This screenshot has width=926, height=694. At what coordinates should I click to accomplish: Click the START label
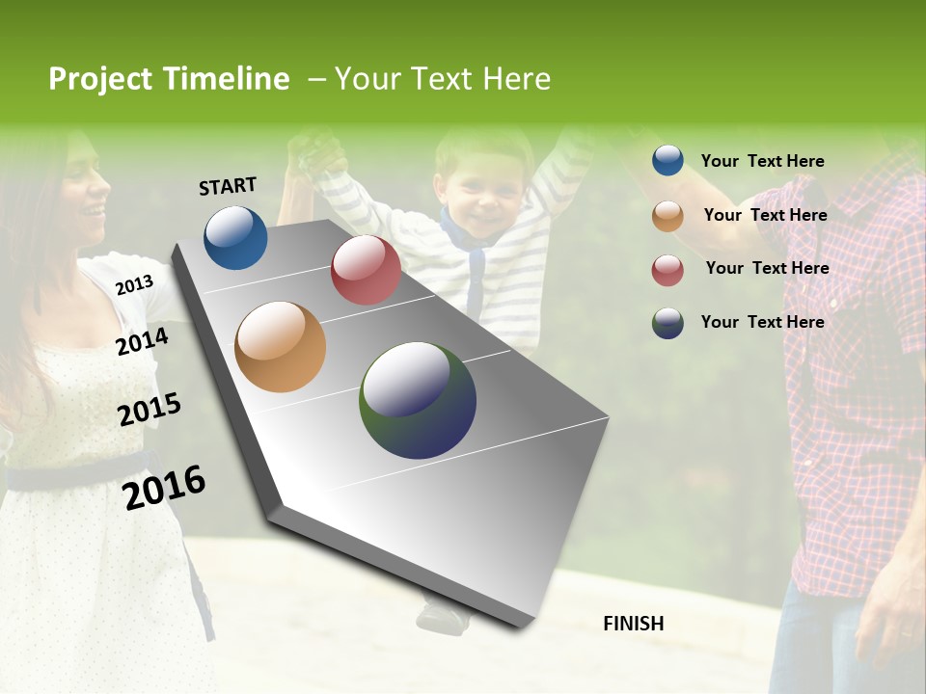pos(228,186)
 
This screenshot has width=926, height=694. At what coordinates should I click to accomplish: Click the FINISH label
pos(633,624)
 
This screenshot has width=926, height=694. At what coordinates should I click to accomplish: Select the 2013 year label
pos(134,285)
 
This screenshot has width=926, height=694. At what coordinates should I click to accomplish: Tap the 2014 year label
pos(142,341)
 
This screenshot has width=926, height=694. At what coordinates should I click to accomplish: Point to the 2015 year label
pos(149,410)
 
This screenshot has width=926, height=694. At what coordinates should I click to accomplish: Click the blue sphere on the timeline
pos(235,237)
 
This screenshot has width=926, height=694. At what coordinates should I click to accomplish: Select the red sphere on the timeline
pos(366,270)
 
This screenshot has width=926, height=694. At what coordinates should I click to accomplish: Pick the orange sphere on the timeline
pos(280,347)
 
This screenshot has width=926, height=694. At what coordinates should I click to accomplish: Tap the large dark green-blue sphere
pos(418,400)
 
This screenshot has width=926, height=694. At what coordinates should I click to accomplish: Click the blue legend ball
pos(667,161)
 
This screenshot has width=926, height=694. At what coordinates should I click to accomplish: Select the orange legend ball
pos(667,216)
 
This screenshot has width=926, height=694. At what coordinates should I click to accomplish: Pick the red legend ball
pos(667,270)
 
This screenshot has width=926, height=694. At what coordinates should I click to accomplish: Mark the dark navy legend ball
pos(667,323)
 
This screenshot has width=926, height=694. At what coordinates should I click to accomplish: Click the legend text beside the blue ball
pos(762,162)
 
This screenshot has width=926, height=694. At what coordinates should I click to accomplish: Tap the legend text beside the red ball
pos(767,268)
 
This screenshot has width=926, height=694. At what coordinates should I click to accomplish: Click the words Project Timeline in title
pos(169,79)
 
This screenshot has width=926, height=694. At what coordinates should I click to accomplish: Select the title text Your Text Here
pos(443,79)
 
